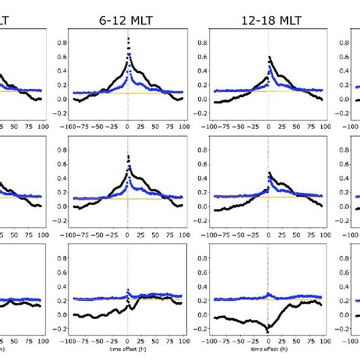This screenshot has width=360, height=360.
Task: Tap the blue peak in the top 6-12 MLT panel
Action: (128, 39)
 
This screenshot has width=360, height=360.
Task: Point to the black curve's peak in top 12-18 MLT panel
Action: (268, 58)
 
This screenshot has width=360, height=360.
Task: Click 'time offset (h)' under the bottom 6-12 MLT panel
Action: (127, 355)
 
